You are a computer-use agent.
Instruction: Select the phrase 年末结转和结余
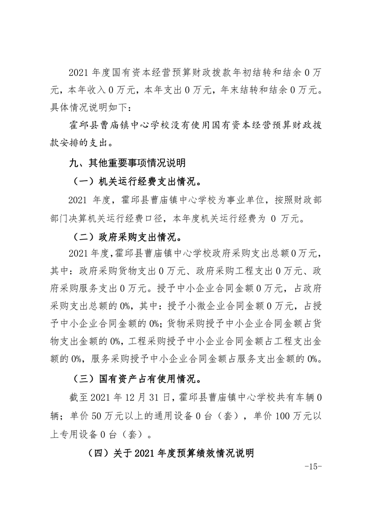pyautogui.click(x=254, y=90)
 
